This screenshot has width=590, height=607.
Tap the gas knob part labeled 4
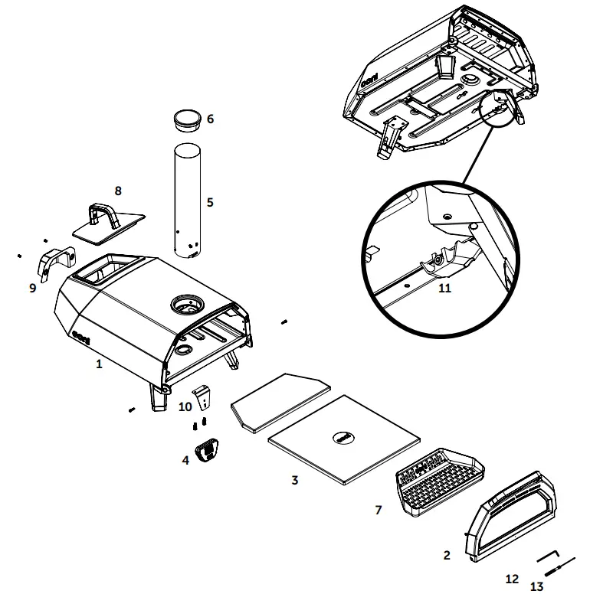207,451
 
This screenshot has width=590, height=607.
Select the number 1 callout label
99,364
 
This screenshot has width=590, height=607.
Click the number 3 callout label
294,480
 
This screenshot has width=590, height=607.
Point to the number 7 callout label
378,510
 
